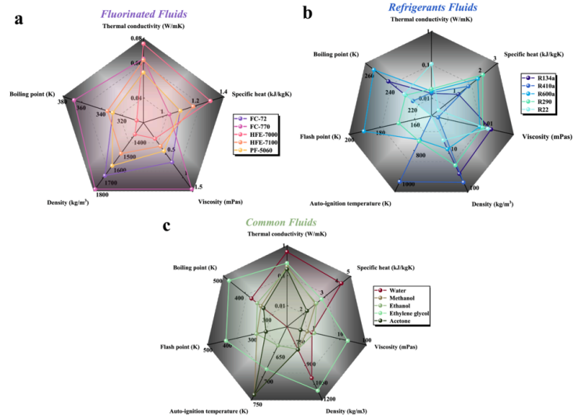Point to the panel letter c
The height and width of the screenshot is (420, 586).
pyautogui.click(x=166, y=226)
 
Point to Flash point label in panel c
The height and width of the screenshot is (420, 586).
pyautogui.click(x=180, y=346)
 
